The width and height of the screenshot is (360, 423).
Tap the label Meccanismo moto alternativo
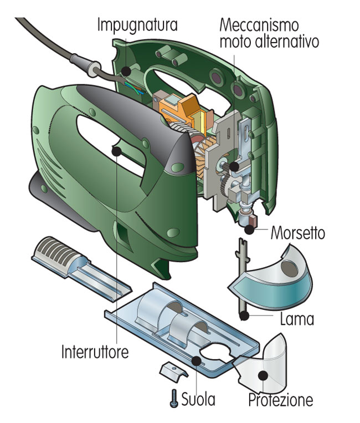click(269, 33)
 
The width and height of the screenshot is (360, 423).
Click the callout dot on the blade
click(243, 315)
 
